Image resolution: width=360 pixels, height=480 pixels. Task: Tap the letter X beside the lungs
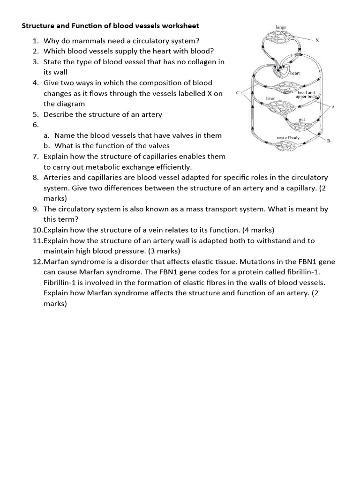point(317,40)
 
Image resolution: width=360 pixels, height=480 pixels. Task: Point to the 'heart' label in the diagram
point(295,73)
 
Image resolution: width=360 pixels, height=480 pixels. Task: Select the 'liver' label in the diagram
point(270,99)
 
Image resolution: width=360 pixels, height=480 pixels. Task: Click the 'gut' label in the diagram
point(302,120)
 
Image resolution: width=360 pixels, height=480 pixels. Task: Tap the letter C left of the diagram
point(239,93)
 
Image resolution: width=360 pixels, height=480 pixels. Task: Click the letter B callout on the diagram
point(329,140)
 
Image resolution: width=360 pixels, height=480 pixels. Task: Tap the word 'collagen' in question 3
point(194,62)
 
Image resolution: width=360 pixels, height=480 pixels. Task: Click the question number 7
point(36,157)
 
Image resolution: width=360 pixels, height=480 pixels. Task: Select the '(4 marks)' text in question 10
point(258,230)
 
